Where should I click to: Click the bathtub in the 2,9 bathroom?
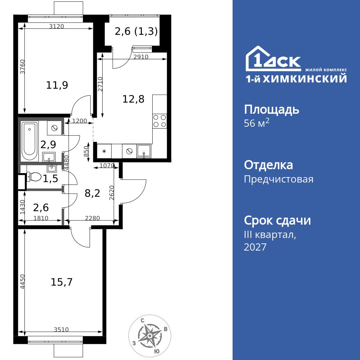click(x=30, y=141)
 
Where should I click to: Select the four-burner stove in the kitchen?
click(x=159, y=121)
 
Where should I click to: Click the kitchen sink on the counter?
click(x=144, y=152)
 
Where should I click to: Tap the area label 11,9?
click(x=57, y=85)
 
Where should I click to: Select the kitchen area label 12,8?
click(x=133, y=99)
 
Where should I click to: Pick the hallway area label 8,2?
click(x=92, y=193)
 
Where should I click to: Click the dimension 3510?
click(x=61, y=329)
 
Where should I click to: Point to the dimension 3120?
click(x=57, y=26)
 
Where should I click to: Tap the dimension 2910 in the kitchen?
click(x=141, y=57)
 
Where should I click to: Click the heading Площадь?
click(x=271, y=109)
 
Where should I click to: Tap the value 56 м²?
click(x=257, y=123)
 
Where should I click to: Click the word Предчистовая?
click(x=279, y=179)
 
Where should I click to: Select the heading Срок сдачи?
click(x=277, y=220)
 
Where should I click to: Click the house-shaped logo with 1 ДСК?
click(x=273, y=59)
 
